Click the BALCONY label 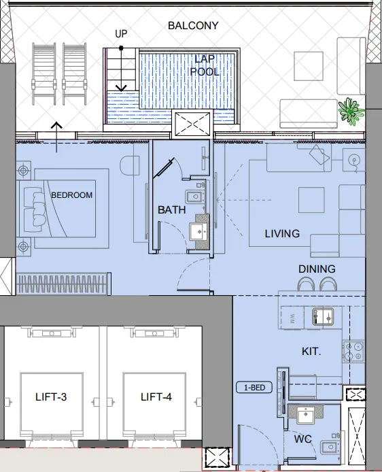(193, 26)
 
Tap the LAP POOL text (204, 65)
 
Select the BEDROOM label (71, 195)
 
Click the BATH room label (171, 210)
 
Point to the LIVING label (282, 234)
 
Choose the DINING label (317, 269)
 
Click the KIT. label (312, 352)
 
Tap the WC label (303, 440)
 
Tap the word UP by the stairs (121, 33)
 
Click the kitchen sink (320, 316)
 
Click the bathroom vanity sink (200, 231)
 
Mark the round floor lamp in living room (353, 161)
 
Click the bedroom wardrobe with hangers (61, 283)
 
